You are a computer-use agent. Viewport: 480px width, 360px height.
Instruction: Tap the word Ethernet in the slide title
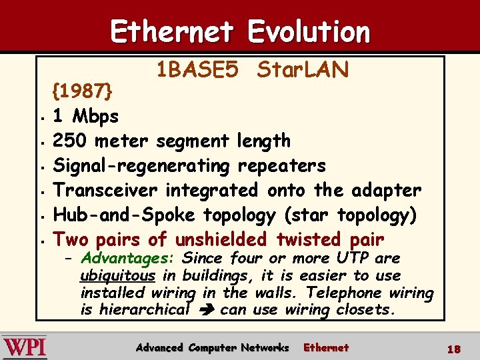click(171, 31)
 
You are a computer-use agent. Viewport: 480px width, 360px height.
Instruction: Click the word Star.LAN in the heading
click(303, 69)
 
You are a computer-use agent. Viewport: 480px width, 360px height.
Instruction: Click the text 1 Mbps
click(86, 116)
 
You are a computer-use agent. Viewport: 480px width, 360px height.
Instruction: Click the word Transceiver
click(105, 190)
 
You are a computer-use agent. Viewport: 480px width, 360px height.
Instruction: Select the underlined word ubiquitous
click(117, 275)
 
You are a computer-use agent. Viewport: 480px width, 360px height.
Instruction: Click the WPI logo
click(25, 347)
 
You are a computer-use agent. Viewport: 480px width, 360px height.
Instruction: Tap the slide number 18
click(454, 349)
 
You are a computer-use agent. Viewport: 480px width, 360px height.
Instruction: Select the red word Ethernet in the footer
click(326, 347)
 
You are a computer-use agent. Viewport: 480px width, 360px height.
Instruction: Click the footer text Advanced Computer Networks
click(212, 347)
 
